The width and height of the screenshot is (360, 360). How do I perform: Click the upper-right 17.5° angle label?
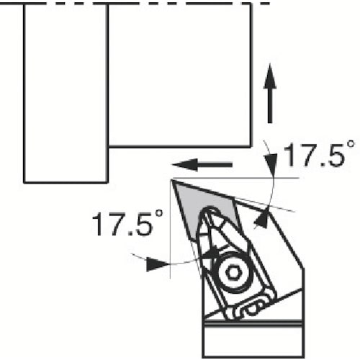[319, 154]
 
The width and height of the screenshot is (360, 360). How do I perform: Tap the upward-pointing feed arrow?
[270, 94]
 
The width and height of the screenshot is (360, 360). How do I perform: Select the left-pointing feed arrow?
[202, 165]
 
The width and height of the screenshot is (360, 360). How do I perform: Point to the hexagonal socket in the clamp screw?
[233, 272]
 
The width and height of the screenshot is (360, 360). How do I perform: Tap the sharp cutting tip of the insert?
[172, 181]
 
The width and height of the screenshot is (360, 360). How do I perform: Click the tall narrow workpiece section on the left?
[66, 93]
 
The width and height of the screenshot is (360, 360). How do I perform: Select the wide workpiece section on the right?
[179, 75]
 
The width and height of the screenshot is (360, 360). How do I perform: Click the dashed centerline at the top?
[135, 4]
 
